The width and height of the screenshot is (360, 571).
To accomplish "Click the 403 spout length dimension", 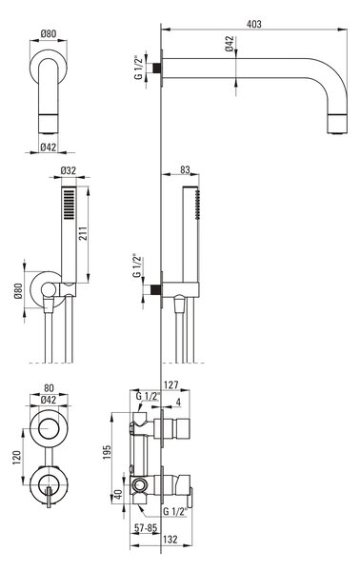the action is click(x=254, y=24).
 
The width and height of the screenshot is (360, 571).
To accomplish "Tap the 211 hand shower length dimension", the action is click(x=82, y=234).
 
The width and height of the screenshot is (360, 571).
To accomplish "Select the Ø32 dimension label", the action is click(x=69, y=170).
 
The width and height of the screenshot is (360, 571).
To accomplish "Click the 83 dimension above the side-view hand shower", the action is click(x=185, y=169).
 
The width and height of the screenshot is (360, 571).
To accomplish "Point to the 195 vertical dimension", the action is click(x=107, y=452).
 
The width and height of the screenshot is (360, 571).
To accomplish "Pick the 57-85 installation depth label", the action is click(x=146, y=527).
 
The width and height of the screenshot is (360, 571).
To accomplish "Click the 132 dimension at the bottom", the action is click(x=170, y=539).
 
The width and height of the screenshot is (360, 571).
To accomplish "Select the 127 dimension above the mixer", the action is click(x=171, y=384).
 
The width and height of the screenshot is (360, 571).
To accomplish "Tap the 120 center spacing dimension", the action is click(x=17, y=458).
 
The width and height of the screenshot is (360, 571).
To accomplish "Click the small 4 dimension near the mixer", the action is click(x=178, y=402).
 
